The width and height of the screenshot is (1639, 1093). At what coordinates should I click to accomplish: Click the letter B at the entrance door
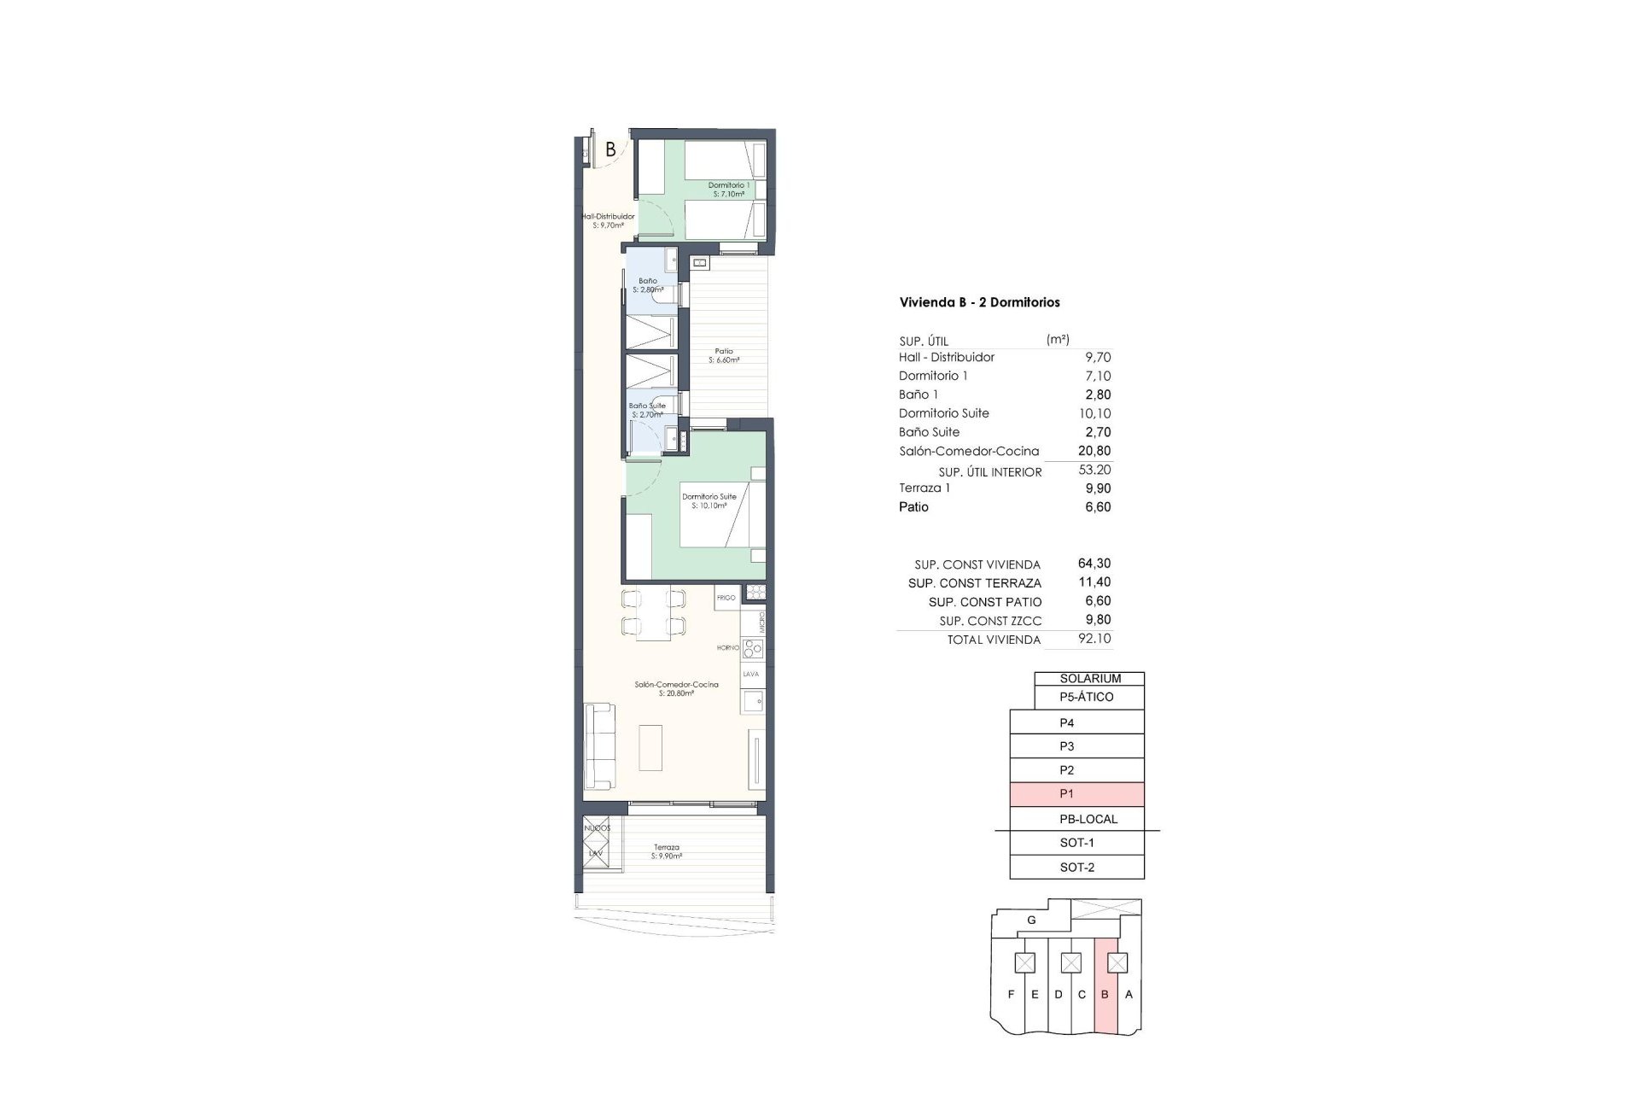[x=610, y=149]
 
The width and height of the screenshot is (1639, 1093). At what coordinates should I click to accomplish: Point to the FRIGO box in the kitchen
[x=726, y=598]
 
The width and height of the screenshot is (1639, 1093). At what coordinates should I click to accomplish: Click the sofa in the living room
[x=598, y=747]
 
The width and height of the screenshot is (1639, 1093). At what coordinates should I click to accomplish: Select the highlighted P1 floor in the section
[x=1076, y=794]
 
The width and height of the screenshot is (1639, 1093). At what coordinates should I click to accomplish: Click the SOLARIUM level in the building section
[x=1089, y=679]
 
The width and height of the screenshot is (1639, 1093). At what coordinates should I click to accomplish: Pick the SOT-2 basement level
[x=1076, y=868]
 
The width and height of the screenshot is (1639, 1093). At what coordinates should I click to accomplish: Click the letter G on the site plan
[x=1031, y=921]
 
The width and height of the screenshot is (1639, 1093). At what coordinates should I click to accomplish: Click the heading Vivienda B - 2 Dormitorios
[x=979, y=302]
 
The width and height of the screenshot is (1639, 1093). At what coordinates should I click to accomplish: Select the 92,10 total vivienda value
[x=1094, y=639]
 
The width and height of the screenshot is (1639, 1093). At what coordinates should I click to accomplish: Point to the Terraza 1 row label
[x=924, y=488]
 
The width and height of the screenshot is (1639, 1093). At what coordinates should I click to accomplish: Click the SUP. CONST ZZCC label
[x=990, y=621]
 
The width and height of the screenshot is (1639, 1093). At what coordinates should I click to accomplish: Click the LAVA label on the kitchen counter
[x=750, y=675]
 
